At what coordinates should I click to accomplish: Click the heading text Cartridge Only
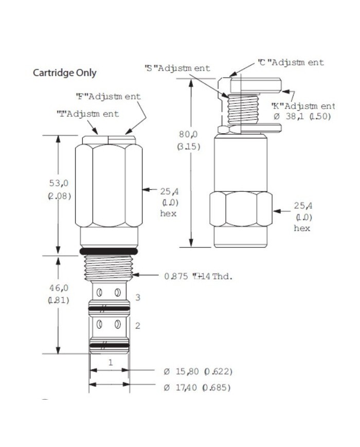pos(65,73)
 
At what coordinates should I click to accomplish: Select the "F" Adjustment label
pos(108,96)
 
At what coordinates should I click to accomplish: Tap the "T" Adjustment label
pos(87,114)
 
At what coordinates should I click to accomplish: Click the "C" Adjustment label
pos(291,63)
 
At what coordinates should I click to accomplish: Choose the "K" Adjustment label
pos(303,106)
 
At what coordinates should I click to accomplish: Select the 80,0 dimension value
pos(188,135)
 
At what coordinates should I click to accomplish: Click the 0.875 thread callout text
pos(199,276)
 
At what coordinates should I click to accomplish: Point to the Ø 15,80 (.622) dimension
pos(196,371)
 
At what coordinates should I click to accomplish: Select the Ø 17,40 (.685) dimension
pos(196,387)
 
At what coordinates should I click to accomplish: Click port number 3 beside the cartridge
pos(138,297)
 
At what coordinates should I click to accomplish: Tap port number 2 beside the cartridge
pos(138,325)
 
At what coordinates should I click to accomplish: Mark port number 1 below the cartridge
pos(110,362)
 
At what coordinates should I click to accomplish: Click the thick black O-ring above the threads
pos(109,251)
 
